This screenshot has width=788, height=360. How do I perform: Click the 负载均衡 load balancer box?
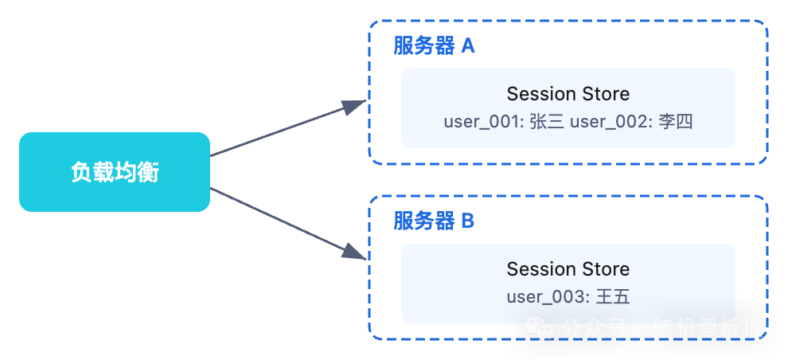(115, 172)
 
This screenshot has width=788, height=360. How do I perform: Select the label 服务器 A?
(434, 46)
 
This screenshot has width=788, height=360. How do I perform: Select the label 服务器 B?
(434, 221)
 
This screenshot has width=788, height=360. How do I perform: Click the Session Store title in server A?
(568, 94)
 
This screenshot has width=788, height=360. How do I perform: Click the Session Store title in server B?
(568, 269)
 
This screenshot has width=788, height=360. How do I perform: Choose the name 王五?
(613, 297)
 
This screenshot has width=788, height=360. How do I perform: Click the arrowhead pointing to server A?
(355, 105)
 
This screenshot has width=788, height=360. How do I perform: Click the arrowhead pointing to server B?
(355, 252)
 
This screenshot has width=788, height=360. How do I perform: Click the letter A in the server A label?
(468, 46)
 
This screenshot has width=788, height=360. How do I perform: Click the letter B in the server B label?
(468, 221)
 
